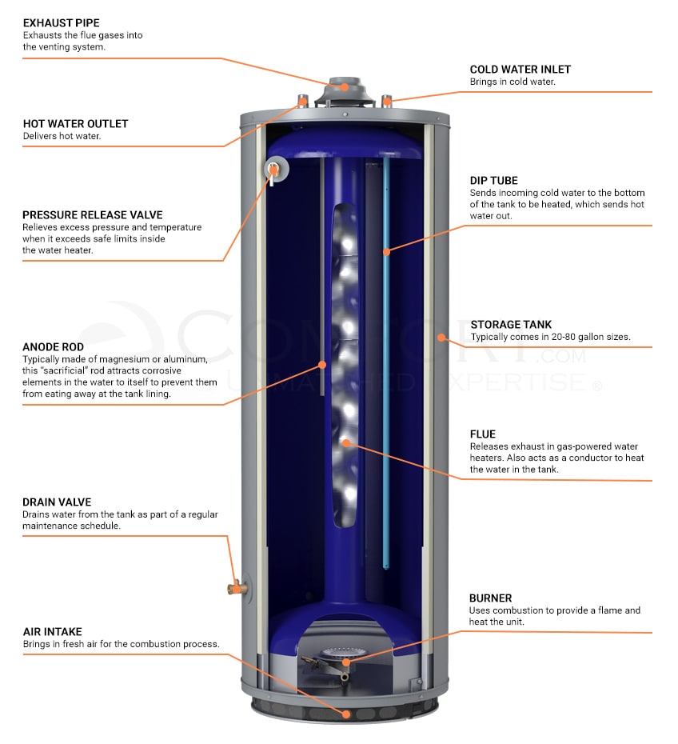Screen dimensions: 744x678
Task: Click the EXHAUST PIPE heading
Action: coord(61,23)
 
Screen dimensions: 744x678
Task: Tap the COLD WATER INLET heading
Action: coord(520,70)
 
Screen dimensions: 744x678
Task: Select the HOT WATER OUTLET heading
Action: coord(75,124)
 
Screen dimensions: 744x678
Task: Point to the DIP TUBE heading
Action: coord(493,181)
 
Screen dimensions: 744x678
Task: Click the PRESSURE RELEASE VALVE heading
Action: coord(92,215)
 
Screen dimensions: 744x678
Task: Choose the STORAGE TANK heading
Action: coord(511,325)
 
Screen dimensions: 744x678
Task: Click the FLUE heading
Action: coord(483,434)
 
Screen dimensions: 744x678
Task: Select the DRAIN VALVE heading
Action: coord(57,502)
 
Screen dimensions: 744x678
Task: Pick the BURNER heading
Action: coord(490,598)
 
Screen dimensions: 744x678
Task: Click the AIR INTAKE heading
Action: coord(52,632)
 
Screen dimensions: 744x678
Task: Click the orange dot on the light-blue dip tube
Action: coord(386,251)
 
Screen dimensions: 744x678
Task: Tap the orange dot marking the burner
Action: coord(345,662)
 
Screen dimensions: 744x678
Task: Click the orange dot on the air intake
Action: coord(346,714)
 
